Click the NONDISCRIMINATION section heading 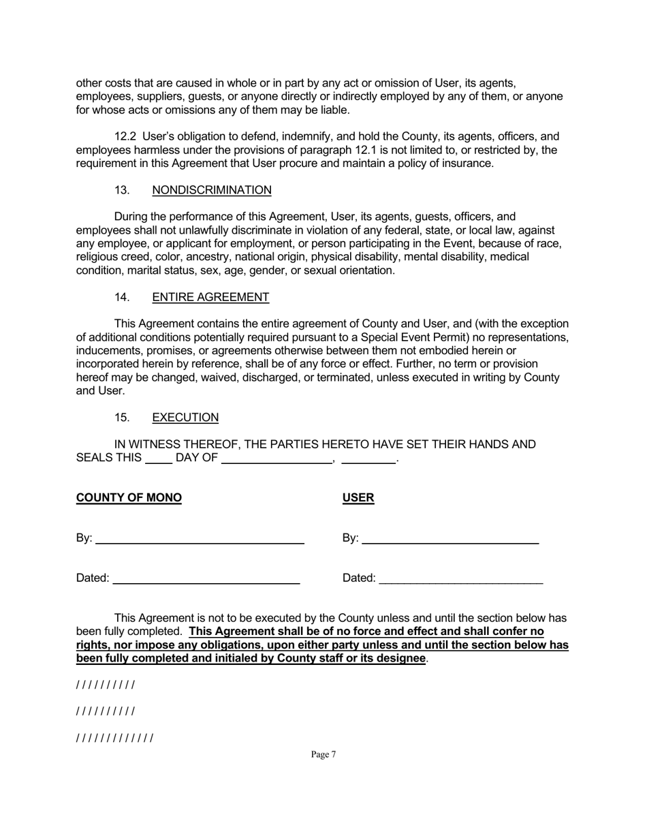(x=212, y=190)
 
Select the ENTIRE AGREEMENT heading (x=210, y=297)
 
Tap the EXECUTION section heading (x=185, y=418)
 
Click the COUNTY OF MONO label (x=129, y=497)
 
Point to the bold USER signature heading (x=358, y=497)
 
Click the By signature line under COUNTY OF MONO (x=200, y=540)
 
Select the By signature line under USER (x=450, y=540)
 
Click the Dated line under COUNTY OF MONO (x=206, y=580)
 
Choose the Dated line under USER (x=461, y=580)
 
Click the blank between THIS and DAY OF (x=159, y=459)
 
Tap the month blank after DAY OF (x=277, y=459)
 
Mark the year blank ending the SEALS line (x=368, y=459)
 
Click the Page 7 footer (x=323, y=754)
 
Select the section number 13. (x=122, y=190)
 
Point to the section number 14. (x=122, y=297)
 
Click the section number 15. (x=122, y=418)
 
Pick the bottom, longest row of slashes (x=114, y=738)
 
